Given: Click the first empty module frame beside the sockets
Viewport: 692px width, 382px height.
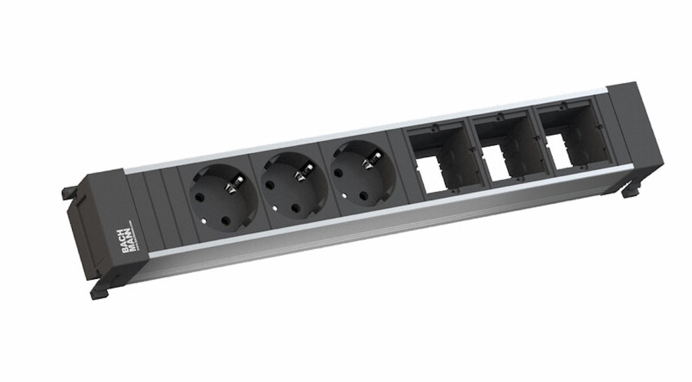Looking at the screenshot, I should (x=435, y=158).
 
